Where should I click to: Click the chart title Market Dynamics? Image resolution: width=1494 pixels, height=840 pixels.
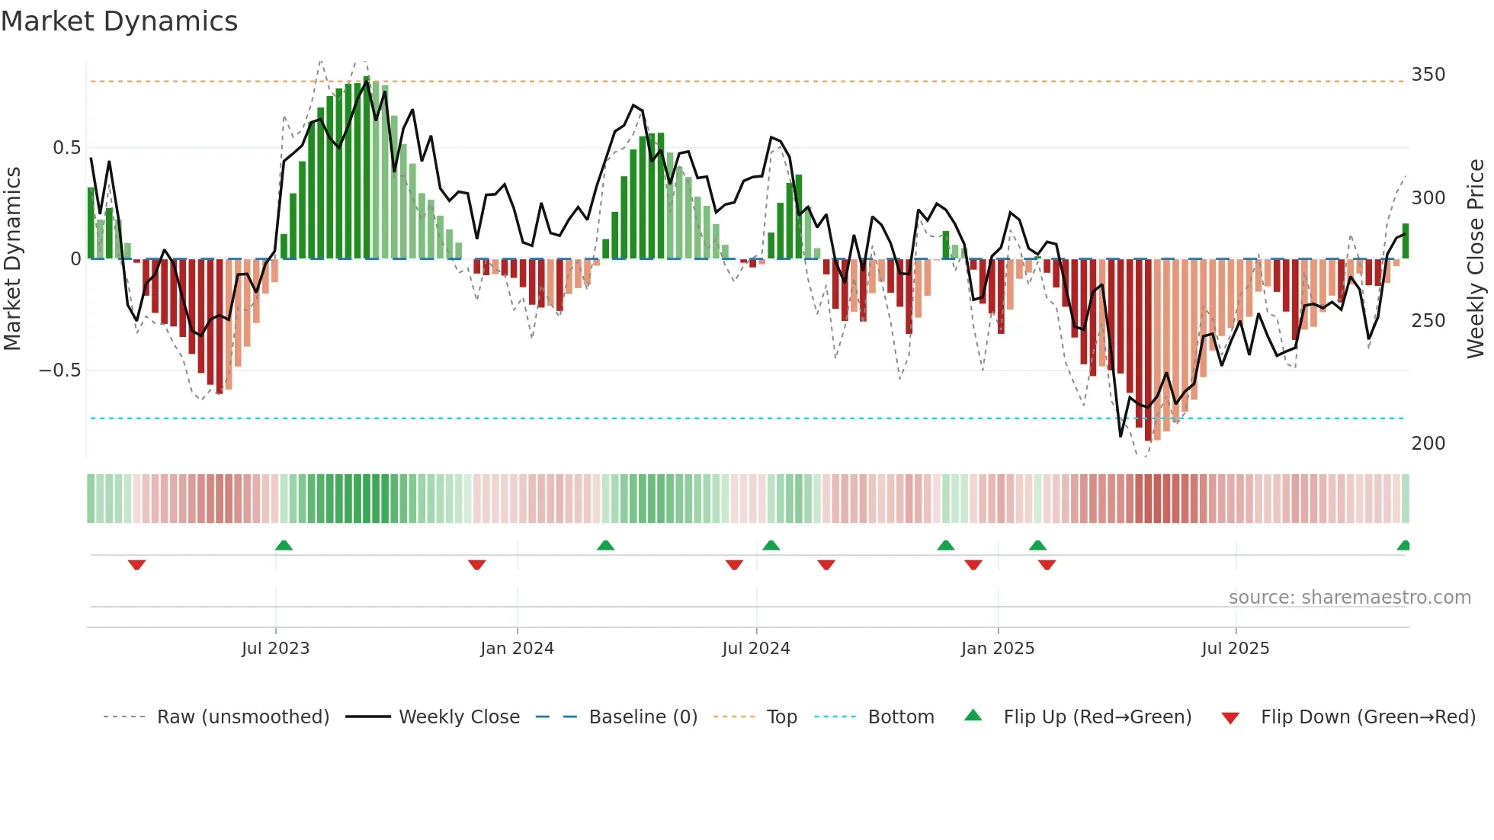pyautogui.click(x=120, y=21)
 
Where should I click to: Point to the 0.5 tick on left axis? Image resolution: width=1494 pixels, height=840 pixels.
pyautogui.click(x=66, y=148)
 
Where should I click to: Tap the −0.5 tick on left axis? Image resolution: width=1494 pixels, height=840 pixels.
pyautogui.click(x=59, y=370)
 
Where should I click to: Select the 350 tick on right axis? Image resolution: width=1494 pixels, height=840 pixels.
pyautogui.click(x=1428, y=75)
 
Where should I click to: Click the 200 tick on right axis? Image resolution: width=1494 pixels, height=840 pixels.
pyautogui.click(x=1428, y=444)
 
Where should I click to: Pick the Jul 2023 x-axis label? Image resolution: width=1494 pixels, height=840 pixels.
pyautogui.click(x=275, y=649)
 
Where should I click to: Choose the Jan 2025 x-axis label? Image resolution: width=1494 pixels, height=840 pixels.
pyautogui.click(x=997, y=649)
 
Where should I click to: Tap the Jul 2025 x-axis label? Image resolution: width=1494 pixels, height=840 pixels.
pyautogui.click(x=1235, y=649)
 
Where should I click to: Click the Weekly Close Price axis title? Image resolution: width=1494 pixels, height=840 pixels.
pyautogui.click(x=1476, y=259)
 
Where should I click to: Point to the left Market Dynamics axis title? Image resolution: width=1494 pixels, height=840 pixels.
pyautogui.click(x=12, y=259)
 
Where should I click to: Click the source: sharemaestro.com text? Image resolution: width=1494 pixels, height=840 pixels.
pyautogui.click(x=1349, y=598)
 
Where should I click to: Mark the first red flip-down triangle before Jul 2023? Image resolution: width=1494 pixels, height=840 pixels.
pyautogui.click(x=136, y=565)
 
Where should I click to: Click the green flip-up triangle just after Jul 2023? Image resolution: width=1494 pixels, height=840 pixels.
pyautogui.click(x=284, y=545)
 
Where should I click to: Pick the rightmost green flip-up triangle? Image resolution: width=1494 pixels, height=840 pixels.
pyautogui.click(x=1403, y=545)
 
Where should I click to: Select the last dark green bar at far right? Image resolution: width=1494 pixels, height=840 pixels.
pyautogui.click(x=1406, y=242)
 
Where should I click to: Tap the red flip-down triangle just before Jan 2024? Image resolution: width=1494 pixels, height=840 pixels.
pyautogui.click(x=477, y=565)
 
